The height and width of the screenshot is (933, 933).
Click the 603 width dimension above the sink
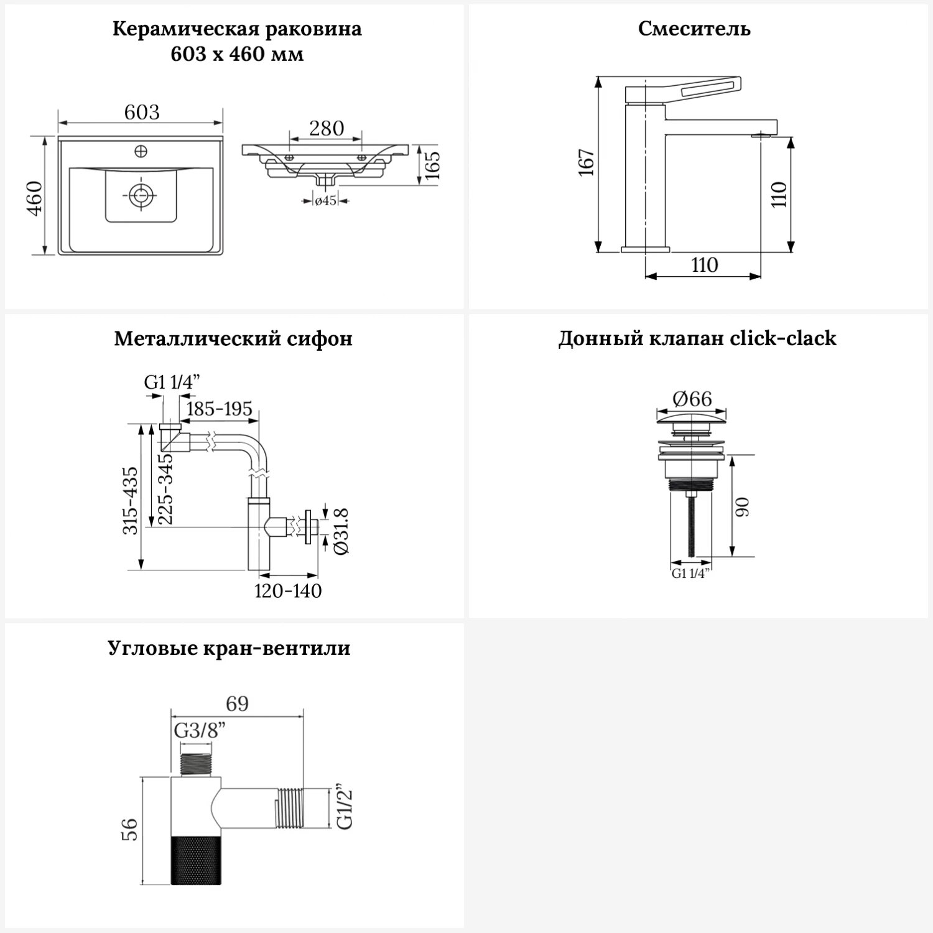click(142, 112)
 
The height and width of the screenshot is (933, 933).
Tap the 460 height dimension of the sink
click(35, 198)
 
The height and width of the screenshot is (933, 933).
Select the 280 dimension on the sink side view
click(326, 128)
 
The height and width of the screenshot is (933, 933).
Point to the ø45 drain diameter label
click(325, 201)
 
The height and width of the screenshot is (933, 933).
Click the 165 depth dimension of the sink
click(431, 165)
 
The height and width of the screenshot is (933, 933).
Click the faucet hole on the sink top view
click(141, 151)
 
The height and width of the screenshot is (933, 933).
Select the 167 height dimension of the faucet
click(587, 163)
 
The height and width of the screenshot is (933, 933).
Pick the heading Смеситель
click(694, 29)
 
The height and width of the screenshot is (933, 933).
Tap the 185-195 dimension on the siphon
click(219, 409)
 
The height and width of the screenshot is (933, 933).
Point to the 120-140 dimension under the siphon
click(288, 590)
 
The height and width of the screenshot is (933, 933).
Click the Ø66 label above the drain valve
click(692, 398)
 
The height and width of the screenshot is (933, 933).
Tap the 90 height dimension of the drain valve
click(743, 506)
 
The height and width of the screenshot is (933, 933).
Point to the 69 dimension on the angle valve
click(237, 703)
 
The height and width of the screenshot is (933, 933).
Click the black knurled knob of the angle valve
click(195, 859)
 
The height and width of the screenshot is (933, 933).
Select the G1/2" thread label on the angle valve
click(344, 808)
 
